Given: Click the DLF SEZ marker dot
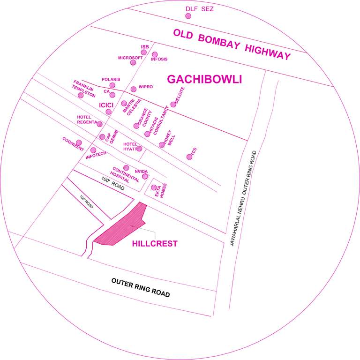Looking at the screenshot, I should click(188, 16).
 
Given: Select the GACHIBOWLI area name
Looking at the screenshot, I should click(204, 79).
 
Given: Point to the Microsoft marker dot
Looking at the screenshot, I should click(133, 63).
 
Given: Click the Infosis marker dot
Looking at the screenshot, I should click(155, 54).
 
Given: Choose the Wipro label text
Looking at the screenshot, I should click(146, 87).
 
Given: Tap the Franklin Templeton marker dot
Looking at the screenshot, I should click(81, 95).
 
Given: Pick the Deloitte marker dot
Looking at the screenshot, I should click(173, 104).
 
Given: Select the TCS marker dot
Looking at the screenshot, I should click(189, 157).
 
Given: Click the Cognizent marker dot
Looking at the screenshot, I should click(79, 142).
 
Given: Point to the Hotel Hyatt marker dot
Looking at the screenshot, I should click(139, 149).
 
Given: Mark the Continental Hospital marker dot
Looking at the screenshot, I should click(126, 167).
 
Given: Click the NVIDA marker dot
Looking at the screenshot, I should click(145, 177).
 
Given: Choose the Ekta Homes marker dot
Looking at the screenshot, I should click(154, 187).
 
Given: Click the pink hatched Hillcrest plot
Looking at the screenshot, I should click(122, 227).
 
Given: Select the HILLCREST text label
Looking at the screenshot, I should click(155, 244).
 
